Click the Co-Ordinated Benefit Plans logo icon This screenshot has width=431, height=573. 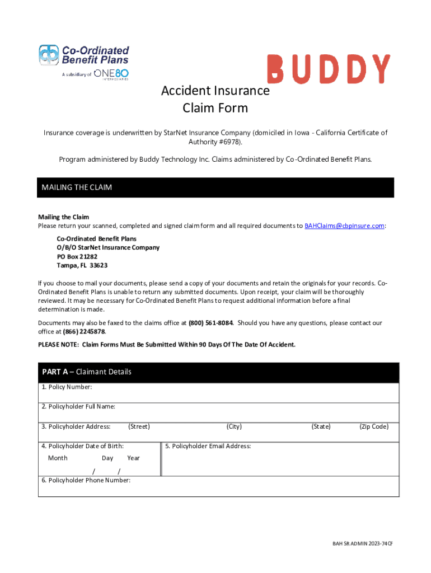49,55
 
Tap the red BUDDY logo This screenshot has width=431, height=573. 329,69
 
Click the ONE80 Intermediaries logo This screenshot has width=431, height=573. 111,74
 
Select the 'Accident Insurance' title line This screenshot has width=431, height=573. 215,91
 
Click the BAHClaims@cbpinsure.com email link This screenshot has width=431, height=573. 344,226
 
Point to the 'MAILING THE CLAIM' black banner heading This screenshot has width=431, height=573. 77,187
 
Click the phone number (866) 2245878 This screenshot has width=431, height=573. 84,331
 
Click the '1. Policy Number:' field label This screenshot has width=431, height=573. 67,387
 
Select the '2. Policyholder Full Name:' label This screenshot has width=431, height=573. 78,407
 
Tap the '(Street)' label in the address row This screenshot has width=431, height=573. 139,426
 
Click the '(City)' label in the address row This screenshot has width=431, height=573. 234,426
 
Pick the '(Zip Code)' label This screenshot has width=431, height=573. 373,426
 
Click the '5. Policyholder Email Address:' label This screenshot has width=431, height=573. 208,446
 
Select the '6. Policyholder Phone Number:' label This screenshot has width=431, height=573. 86,480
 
